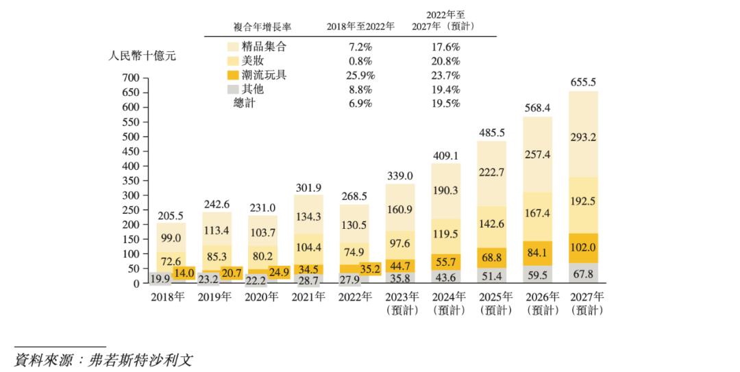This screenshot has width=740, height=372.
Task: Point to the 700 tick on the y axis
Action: [x=131, y=78]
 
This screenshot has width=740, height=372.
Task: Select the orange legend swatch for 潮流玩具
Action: [x=233, y=75]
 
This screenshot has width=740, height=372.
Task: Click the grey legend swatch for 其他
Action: [x=233, y=89]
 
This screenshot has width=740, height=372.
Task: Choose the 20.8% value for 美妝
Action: [x=445, y=61]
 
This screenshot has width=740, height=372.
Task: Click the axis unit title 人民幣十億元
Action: [x=143, y=56]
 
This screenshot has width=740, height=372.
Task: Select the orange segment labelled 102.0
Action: [x=583, y=248]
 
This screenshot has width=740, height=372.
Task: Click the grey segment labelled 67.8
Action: [x=583, y=273]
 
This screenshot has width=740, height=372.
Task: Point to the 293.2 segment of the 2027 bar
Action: [x=583, y=137]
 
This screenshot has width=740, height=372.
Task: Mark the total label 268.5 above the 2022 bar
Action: [x=354, y=195]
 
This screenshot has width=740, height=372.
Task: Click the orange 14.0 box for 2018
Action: [x=184, y=273]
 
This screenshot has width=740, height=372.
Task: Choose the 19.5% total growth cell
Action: [x=445, y=103]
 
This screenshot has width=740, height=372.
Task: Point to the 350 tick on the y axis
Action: [x=131, y=181]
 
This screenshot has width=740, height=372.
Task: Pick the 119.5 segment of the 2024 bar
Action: [x=446, y=234]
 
